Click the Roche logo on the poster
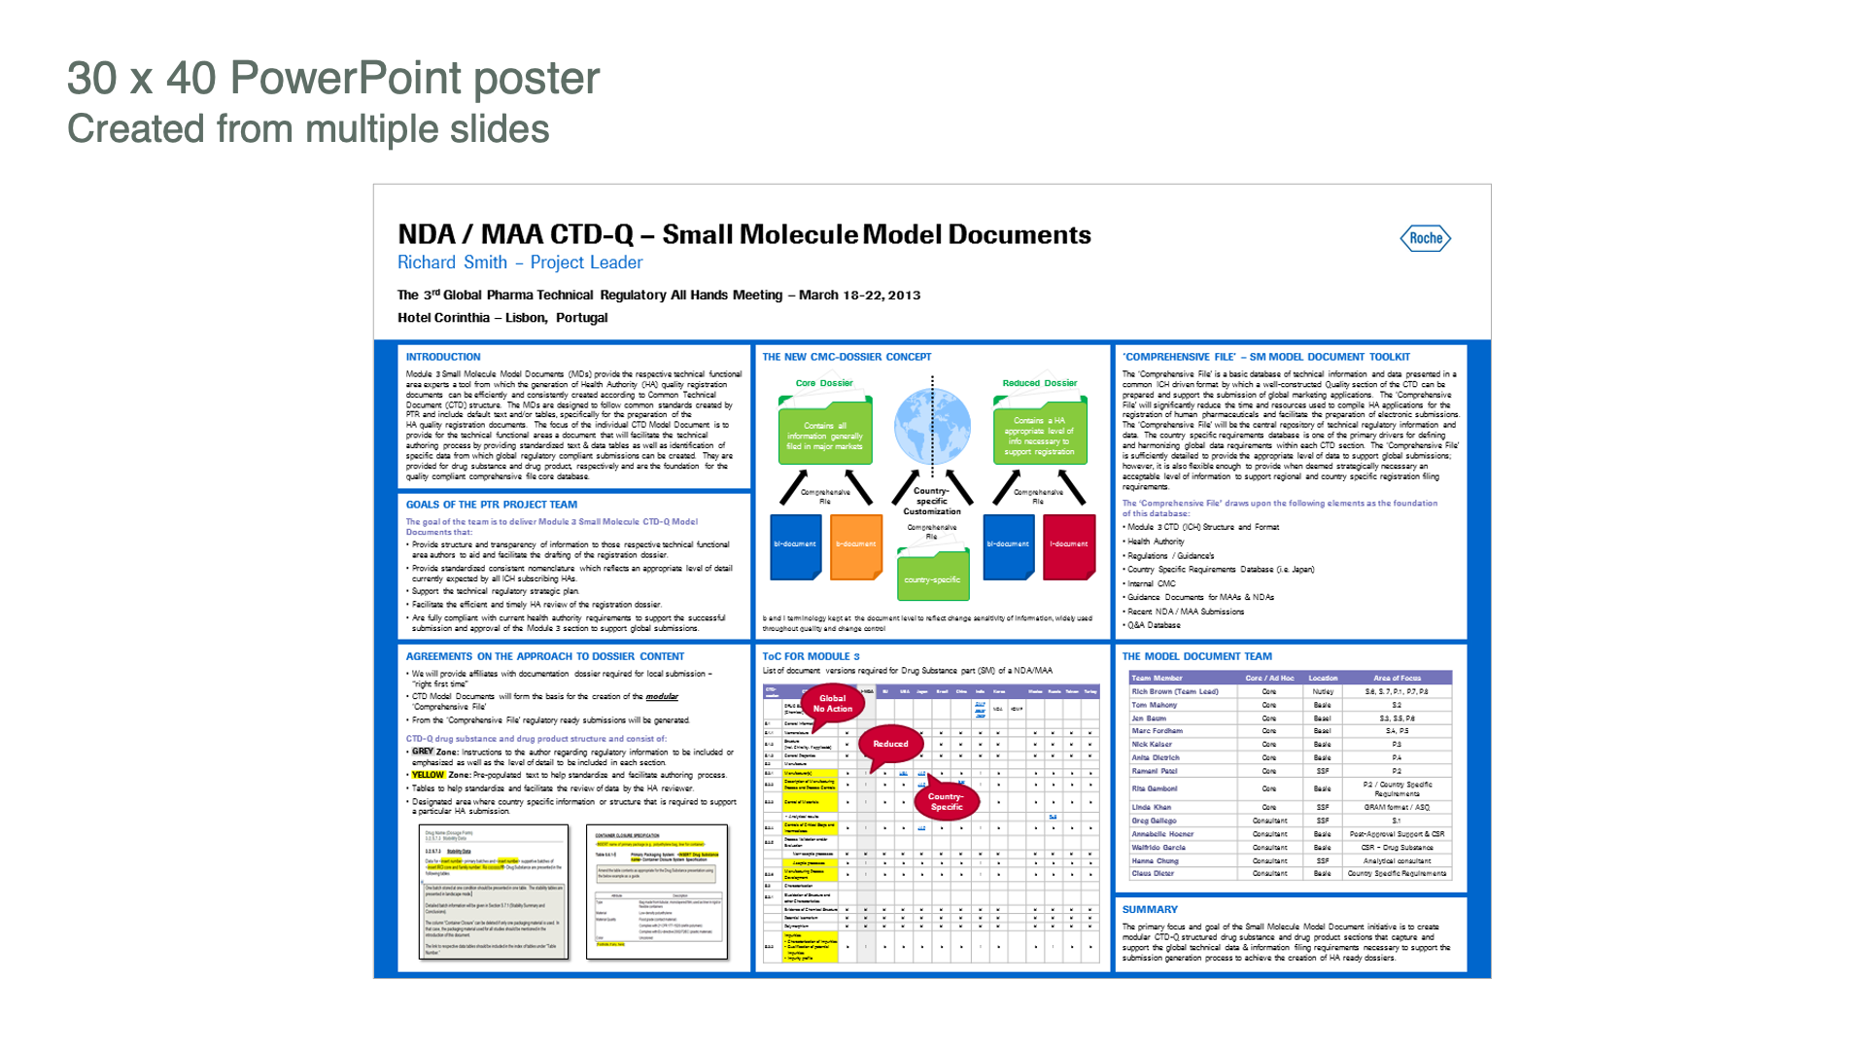click(x=1425, y=238)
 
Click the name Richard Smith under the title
click(x=452, y=262)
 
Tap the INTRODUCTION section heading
click(x=443, y=357)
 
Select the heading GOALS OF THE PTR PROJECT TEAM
click(x=491, y=505)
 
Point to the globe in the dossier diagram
click(x=931, y=426)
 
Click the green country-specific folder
click(x=932, y=576)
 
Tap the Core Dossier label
click(x=824, y=383)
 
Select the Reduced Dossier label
click(x=1040, y=383)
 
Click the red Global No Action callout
click(x=832, y=703)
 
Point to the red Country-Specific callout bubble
click(x=946, y=801)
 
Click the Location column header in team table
click(x=1323, y=678)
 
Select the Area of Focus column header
click(x=1397, y=678)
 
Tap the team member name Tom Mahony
click(x=1154, y=705)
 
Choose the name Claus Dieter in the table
click(x=1153, y=873)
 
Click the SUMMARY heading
click(x=1150, y=910)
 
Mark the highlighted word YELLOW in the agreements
click(x=428, y=775)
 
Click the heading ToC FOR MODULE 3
click(x=811, y=656)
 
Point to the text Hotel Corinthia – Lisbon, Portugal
click(x=502, y=318)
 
